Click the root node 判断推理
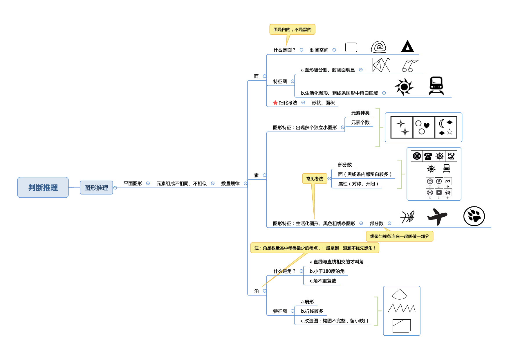pos(43,188)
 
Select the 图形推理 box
pos(96,188)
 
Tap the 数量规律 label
pos(230,183)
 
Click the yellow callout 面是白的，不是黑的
pos(292,30)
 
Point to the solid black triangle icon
pos(407,47)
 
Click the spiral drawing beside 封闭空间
pos(378,47)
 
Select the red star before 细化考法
pos(275,103)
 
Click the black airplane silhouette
pos(437,216)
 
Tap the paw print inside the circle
pos(474,216)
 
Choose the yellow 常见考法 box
pos(315,179)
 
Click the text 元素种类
pos(360,113)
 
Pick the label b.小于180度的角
pos(327,271)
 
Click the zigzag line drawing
pos(402,308)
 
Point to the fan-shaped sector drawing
pos(400,294)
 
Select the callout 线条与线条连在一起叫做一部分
pos(399,236)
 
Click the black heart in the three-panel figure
pos(426,125)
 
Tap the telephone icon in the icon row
pos(428,156)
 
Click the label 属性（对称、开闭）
pos(358,184)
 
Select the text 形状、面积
pos(323,103)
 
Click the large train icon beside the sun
pos(436,86)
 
